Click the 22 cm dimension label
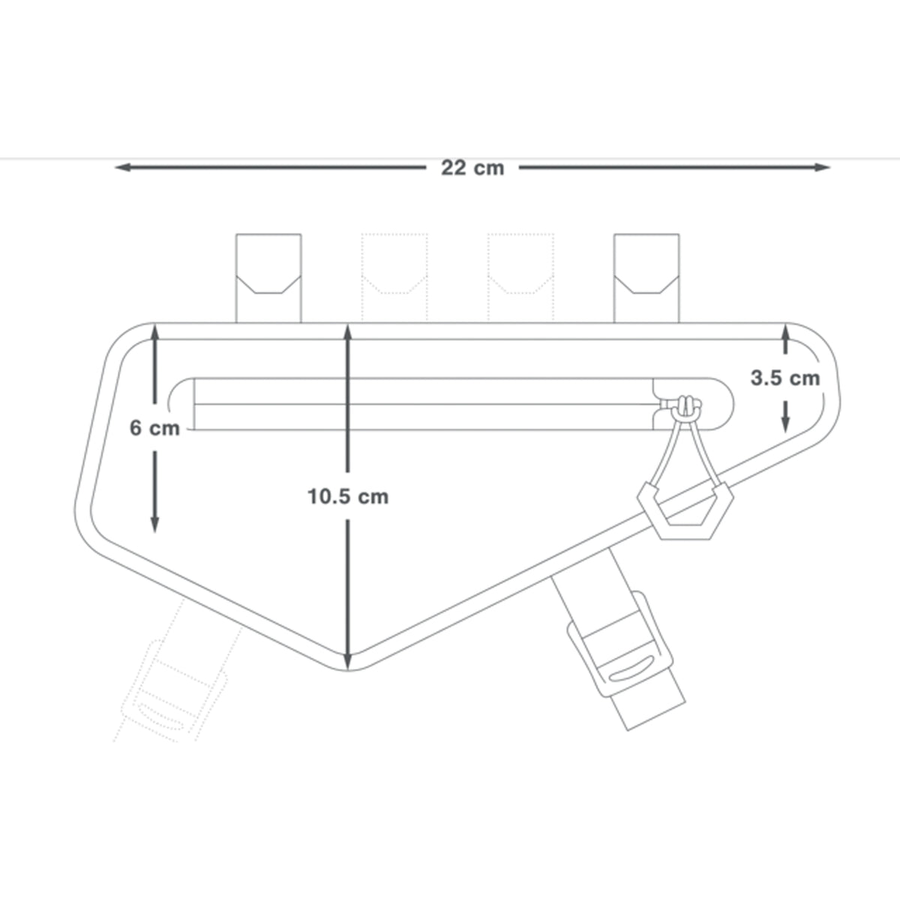[x=472, y=168]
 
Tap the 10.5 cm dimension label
[x=348, y=496]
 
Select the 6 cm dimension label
[x=154, y=427]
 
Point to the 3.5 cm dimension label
[x=785, y=378]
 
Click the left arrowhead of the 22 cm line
[x=122, y=167]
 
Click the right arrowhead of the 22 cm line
[x=822, y=167]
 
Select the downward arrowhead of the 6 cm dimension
[x=155, y=525]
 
